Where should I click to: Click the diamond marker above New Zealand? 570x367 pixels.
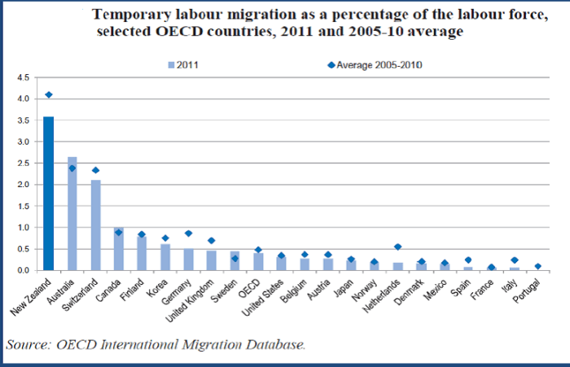49,94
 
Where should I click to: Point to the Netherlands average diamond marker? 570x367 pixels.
397,247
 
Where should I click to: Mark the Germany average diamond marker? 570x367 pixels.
188,234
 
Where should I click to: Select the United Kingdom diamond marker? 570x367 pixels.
212,241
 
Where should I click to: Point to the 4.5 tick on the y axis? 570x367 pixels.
23,77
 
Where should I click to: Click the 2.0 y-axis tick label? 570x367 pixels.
23,185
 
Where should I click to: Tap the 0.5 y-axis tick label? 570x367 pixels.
23,249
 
